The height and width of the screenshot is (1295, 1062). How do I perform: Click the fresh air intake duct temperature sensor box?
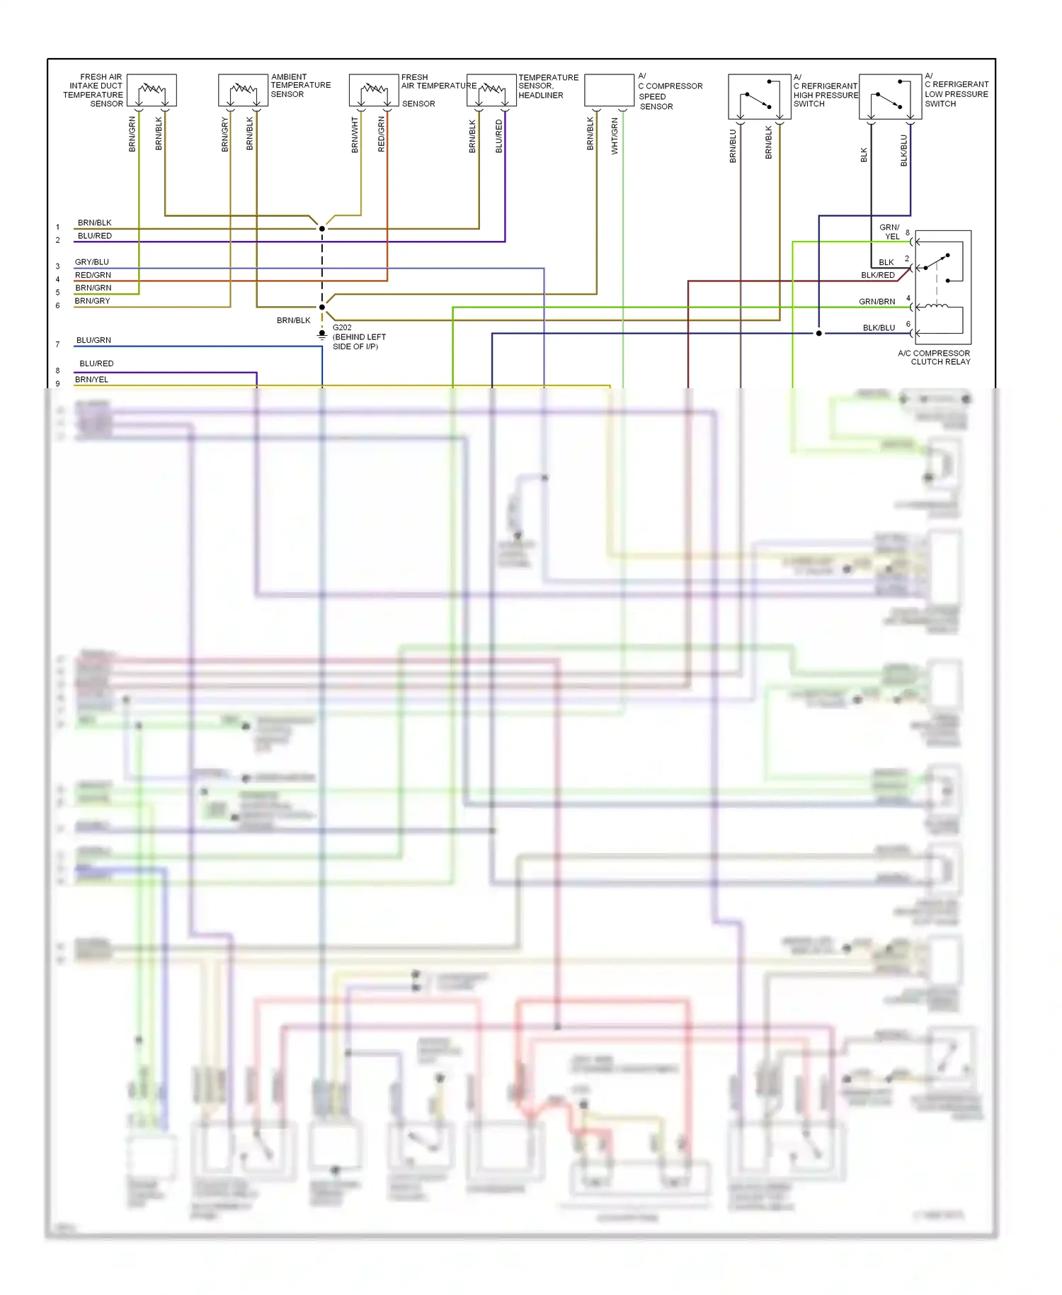pos(152,91)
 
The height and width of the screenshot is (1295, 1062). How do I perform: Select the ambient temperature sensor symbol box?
pos(243,91)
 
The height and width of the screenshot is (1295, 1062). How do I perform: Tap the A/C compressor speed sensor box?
pos(609,91)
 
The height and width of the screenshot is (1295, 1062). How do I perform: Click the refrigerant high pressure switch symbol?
pos(759,97)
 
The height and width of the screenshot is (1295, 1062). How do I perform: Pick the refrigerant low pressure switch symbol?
pos(890,97)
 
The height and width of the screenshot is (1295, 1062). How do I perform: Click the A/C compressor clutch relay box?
pos(942,287)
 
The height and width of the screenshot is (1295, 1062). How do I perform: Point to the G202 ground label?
pos(342,327)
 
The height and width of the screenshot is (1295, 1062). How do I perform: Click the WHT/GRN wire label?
pos(615,136)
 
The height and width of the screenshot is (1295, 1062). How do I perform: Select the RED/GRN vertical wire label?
pos(382,134)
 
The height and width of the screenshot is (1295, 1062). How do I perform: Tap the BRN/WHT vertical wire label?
pos(355,135)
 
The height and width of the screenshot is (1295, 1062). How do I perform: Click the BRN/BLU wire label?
pos(733,146)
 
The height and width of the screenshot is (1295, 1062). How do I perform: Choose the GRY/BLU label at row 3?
pos(92,262)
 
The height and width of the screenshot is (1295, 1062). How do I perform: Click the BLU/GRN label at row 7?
pos(93,340)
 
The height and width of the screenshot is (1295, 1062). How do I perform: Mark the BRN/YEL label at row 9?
pos(91,380)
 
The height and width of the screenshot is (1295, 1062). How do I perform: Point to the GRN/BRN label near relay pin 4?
pos(877,302)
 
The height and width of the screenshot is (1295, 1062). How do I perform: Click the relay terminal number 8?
pos(908,232)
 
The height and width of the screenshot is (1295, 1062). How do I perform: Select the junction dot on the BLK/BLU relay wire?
pos(819,333)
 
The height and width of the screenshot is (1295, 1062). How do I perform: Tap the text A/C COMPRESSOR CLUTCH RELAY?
pos(934,358)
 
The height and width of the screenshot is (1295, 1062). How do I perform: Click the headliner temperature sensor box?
pos(491,91)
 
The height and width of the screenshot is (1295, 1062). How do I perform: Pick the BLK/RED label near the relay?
pos(878,275)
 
